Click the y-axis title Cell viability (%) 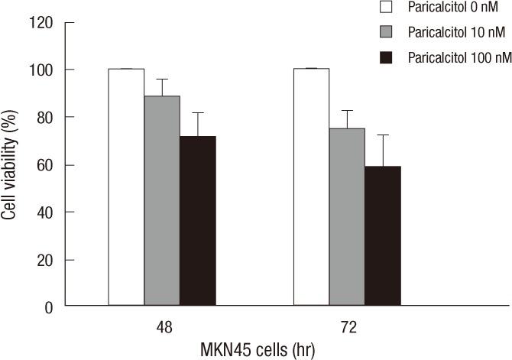(x=11, y=164)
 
